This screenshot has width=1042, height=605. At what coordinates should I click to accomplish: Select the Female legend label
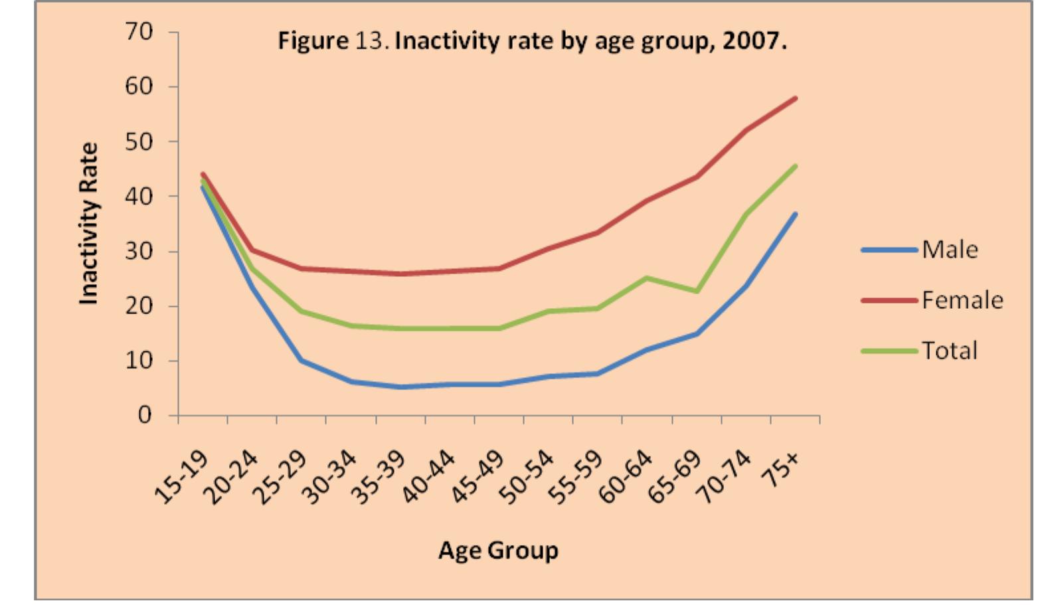pos(962,300)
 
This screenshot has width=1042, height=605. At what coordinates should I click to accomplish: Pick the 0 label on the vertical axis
pos(144,415)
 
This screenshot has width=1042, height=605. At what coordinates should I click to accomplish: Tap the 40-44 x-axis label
pos(429,477)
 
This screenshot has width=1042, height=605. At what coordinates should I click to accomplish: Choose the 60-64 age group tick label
pos(626,477)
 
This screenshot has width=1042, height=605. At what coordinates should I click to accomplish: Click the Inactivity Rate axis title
pos(88,224)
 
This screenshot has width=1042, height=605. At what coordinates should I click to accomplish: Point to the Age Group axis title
pos(498,551)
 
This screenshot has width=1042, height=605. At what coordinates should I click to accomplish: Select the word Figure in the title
pos(313,41)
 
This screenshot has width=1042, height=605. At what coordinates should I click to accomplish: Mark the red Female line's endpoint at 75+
pos(795,98)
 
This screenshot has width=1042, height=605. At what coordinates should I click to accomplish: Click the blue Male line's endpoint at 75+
pos(795,214)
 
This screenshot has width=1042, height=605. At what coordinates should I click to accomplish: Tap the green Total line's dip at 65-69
pos(697,291)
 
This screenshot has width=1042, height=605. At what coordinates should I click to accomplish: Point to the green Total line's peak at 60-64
pos(647,278)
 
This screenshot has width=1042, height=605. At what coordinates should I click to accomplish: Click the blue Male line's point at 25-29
pos(301,360)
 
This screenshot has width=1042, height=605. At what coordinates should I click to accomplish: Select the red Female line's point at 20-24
pos(252,250)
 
